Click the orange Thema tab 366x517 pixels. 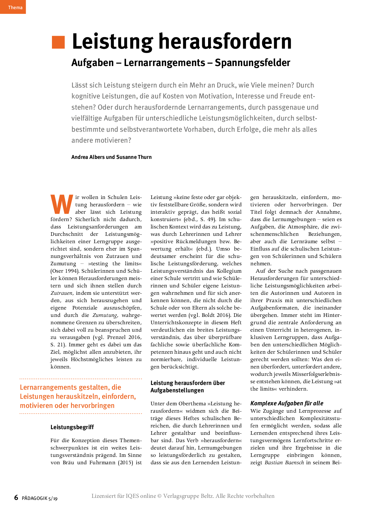pos(13,7)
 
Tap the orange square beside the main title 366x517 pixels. pos(58,42)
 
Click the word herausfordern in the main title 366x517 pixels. pos(225,42)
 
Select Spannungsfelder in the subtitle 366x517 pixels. pos(252,63)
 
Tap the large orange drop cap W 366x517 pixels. pos(62,204)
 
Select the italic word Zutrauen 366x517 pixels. pos(61,293)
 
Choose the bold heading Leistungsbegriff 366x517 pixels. pos(72,427)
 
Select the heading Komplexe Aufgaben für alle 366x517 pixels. pos(287,403)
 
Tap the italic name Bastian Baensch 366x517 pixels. pos(284,462)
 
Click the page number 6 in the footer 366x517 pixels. pos(16,498)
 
